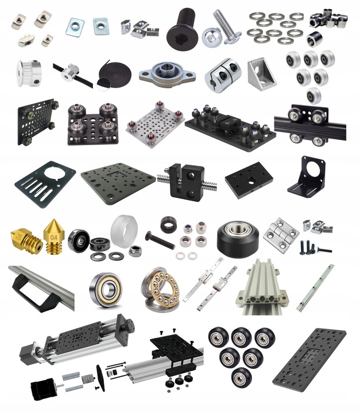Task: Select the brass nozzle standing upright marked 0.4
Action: point(54,236)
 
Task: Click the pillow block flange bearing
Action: point(167,72)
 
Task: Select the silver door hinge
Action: point(281,235)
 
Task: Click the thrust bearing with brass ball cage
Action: point(161,289)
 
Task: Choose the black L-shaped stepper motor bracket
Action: point(307,177)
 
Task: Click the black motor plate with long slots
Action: point(45,184)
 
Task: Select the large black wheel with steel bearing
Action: point(238,239)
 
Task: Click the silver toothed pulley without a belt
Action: point(29,73)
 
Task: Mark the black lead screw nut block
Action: point(187,182)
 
